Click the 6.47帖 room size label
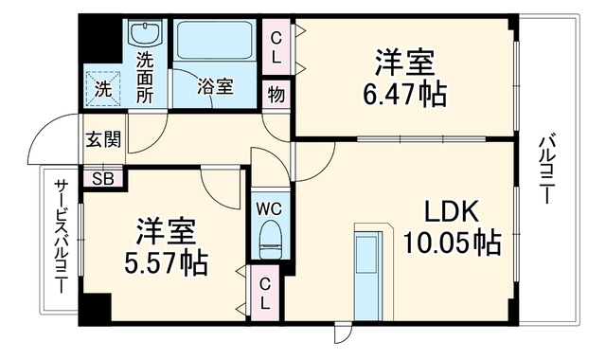(404, 95)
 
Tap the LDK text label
(453, 211)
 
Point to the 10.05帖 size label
(453, 243)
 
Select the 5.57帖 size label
(166, 263)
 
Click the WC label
(269, 209)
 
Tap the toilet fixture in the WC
(270, 240)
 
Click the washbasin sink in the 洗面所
(145, 34)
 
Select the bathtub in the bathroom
(215, 41)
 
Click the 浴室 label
(215, 87)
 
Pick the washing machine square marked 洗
(103, 89)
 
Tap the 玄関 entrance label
(103, 139)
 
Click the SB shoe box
(103, 178)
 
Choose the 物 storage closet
(276, 95)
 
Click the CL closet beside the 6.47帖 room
(276, 47)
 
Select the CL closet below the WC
(265, 295)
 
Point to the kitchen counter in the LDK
(367, 276)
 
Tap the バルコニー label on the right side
(545, 169)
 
